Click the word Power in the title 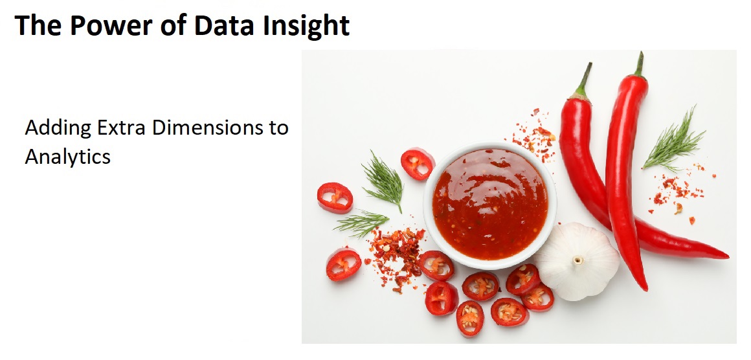click(x=111, y=25)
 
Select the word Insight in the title click(x=306, y=27)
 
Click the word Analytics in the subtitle click(x=67, y=157)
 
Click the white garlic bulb click(x=577, y=261)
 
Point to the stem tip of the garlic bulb click(x=578, y=260)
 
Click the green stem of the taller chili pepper click(x=640, y=64)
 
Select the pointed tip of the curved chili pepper click(x=726, y=256)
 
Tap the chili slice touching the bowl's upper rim click(x=417, y=164)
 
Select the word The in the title click(x=38, y=25)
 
